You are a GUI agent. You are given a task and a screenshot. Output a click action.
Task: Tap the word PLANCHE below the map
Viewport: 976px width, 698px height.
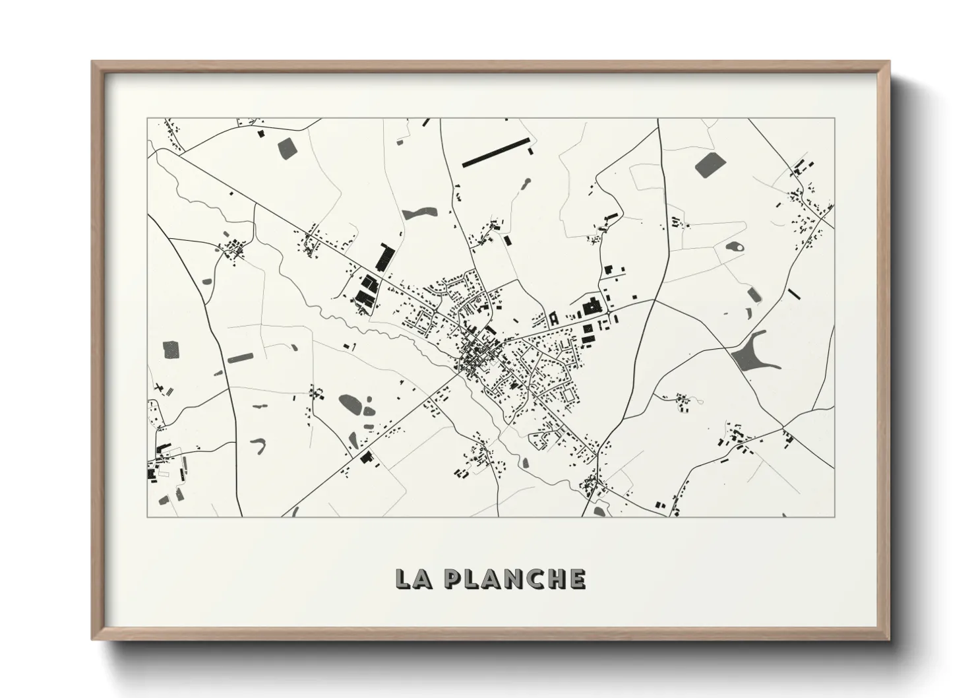coord(514,579)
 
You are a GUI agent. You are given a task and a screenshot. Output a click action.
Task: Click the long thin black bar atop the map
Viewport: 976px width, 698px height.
coord(496,152)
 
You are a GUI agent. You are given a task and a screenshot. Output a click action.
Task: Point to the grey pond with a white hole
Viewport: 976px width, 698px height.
coord(735,248)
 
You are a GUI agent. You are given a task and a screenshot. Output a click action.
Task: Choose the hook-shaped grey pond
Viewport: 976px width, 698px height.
coord(260,446)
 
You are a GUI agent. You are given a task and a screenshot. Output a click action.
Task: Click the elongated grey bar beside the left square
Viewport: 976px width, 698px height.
coord(240,358)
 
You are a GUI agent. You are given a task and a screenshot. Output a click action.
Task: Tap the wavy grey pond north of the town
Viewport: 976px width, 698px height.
coord(419,213)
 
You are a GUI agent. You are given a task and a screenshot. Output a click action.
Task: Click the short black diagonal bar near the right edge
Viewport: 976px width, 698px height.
coord(794,294)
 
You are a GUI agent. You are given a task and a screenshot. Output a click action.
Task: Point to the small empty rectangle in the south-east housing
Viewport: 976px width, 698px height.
coord(566,394)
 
